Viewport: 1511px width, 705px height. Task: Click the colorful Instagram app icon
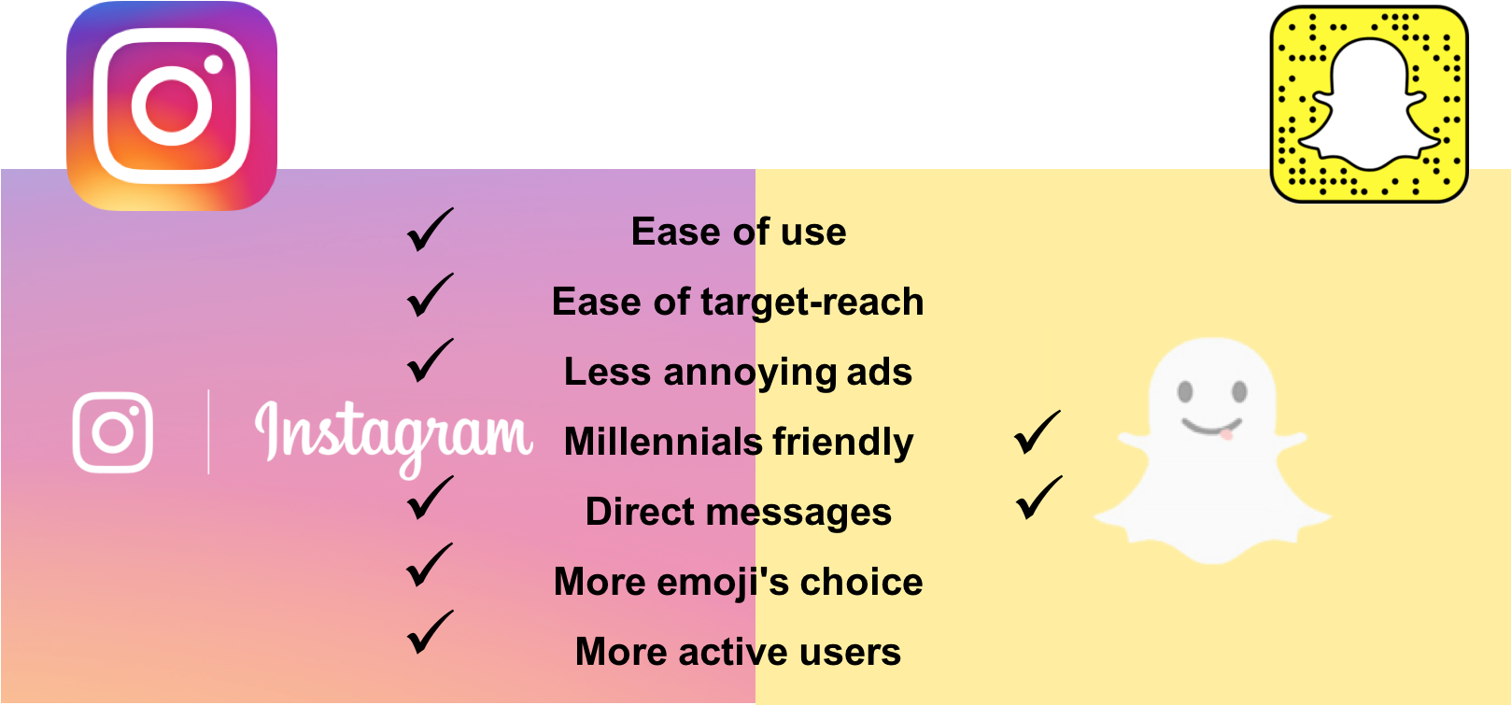tap(172, 106)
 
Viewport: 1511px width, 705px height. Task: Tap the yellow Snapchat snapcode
tap(1369, 104)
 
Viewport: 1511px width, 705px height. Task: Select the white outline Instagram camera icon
tap(113, 432)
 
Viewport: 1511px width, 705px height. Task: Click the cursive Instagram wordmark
tap(393, 435)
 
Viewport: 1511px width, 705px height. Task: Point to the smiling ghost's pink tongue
tap(1225, 434)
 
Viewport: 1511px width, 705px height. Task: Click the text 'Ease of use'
tap(739, 232)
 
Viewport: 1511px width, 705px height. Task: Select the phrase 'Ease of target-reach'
tap(738, 302)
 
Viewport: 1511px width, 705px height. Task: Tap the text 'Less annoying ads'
tap(738, 372)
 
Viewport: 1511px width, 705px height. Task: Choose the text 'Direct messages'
tap(738, 512)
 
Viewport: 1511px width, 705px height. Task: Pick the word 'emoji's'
tap(725, 582)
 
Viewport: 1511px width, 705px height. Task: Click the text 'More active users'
tap(738, 652)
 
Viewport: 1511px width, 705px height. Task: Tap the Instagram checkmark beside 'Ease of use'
tap(430, 231)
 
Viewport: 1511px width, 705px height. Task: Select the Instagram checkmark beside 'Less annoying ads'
tap(430, 361)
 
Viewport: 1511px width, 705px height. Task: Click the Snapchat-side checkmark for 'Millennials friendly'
tap(1037, 433)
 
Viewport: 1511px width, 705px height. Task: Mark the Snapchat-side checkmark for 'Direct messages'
tap(1038, 498)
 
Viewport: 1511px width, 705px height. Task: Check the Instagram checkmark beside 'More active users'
tap(430, 633)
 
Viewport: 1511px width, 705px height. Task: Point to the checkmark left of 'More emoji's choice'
tap(430, 566)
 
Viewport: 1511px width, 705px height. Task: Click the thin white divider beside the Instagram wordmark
tap(208, 432)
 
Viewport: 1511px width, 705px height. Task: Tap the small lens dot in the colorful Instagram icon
tap(214, 64)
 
